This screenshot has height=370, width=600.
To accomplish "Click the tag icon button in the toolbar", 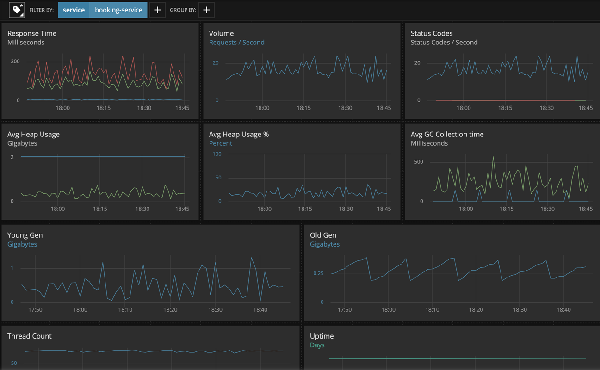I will [x=17, y=10].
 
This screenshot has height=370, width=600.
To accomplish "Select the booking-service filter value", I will [x=118, y=10].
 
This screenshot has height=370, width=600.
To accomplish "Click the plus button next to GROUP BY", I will [x=206, y=10].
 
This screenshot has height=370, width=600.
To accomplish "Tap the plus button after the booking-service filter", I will [x=157, y=10].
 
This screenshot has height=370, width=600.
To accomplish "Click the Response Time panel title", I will [x=32, y=33].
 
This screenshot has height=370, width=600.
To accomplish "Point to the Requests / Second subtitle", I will [x=236, y=42].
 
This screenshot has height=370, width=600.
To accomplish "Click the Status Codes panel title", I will [x=431, y=33].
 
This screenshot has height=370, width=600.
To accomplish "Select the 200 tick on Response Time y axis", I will [x=15, y=62].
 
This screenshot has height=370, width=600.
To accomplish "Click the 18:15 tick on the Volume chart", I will [x=303, y=108].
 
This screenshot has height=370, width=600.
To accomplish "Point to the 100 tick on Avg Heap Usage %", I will [x=216, y=154].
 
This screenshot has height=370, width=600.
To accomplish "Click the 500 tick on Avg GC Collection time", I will [x=418, y=162].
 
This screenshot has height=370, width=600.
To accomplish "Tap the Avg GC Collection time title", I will [x=447, y=134].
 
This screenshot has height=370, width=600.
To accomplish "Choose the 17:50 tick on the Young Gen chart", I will [x=35, y=309].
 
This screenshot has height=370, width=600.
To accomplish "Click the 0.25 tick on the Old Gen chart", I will [x=318, y=273].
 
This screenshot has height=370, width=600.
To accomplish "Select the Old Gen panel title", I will [x=323, y=235].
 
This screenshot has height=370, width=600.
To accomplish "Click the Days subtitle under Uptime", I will [x=317, y=345].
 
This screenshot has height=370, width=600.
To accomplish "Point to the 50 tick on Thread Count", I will [x=14, y=363].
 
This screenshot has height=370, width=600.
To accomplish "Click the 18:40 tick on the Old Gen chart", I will [x=563, y=309].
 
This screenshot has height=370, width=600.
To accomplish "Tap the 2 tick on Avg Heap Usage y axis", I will [x=12, y=157].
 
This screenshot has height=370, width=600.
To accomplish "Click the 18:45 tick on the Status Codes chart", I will [x=585, y=108].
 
